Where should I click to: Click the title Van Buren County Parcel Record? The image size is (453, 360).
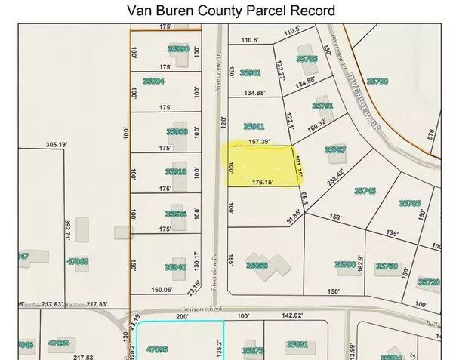[x=226, y=11]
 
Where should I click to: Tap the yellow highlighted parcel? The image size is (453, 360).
[x=257, y=167]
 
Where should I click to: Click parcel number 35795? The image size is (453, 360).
[x=307, y=58]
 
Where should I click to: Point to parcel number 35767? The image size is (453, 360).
[x=335, y=150]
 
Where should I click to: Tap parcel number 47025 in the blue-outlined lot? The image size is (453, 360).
[x=156, y=349]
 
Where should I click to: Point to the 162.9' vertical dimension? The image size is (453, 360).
[x=369, y=266]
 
